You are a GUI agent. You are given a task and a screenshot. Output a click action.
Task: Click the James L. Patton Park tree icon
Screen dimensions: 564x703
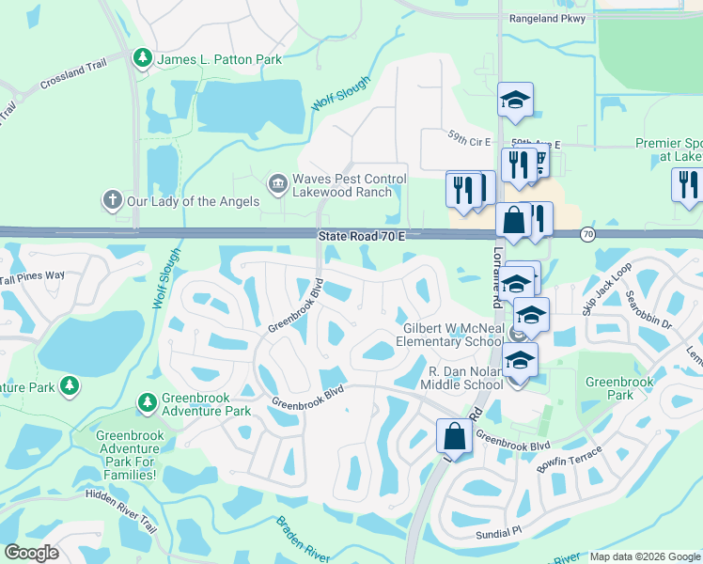click(143, 59)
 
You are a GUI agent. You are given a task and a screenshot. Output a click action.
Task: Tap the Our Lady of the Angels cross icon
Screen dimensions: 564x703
click(112, 199)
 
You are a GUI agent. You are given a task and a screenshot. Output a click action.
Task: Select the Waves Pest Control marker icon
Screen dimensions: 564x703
click(277, 181)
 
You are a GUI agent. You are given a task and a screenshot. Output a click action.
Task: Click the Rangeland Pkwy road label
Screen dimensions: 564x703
click(546, 18)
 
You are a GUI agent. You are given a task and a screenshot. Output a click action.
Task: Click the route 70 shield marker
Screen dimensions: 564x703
click(588, 234)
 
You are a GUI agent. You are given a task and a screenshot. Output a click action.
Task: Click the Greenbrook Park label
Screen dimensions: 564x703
click(618, 389)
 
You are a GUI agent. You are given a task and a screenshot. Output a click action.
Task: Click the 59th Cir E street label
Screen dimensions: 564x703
click(470, 141)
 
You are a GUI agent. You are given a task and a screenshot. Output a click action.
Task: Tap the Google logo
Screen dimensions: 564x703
click(32, 552)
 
